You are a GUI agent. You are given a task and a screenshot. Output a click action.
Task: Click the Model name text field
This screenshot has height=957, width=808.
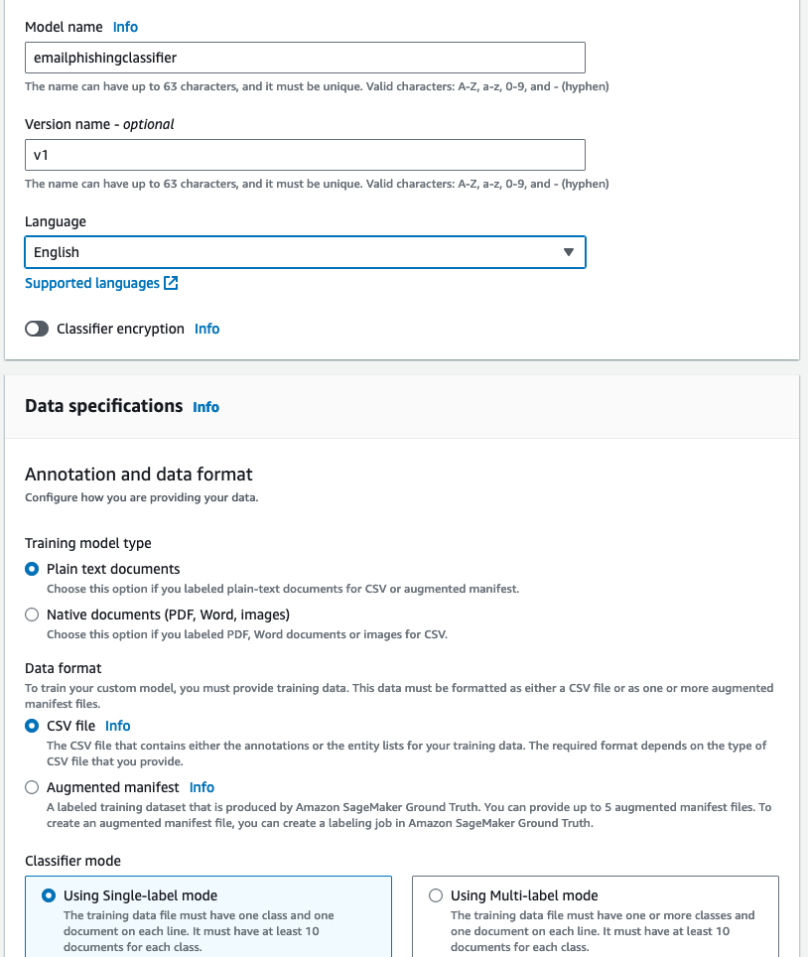tap(305, 58)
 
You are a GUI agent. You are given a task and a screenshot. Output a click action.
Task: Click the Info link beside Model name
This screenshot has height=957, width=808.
tap(125, 27)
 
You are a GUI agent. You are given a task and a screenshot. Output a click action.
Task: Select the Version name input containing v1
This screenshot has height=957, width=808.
tap(305, 155)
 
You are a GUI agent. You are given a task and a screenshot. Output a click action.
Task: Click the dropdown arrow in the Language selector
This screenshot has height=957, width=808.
tap(569, 252)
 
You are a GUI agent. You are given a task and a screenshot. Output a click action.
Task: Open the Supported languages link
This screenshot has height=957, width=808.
tap(92, 283)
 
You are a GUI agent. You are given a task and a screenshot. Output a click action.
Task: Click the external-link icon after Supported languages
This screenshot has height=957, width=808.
tap(172, 283)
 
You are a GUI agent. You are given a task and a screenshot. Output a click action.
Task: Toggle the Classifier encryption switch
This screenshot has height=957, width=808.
tap(37, 329)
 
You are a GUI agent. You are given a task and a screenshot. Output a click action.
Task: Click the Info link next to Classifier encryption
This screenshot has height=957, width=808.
tap(207, 329)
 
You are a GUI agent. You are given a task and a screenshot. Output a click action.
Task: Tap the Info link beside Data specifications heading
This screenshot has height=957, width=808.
tap(206, 407)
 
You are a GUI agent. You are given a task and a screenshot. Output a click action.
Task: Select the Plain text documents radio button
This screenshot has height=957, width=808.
tap(32, 570)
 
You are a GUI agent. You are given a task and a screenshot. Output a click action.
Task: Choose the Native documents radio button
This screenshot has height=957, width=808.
tap(32, 615)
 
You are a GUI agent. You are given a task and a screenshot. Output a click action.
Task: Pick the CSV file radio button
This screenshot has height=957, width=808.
tap(32, 727)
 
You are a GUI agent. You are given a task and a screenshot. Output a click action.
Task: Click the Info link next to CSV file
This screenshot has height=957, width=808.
tap(118, 726)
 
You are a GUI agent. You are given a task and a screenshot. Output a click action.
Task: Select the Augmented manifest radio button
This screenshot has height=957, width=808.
tap(32, 788)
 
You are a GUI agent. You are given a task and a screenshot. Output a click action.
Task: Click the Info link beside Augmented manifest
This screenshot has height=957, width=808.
tap(202, 787)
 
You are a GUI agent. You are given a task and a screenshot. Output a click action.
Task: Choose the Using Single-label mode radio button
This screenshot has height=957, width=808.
tap(49, 895)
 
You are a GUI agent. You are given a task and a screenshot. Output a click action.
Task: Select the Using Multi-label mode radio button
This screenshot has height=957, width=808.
tap(436, 895)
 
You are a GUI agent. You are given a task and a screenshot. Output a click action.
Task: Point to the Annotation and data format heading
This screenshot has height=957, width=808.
tap(139, 475)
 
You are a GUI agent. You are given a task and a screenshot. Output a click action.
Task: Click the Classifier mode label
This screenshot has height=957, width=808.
tap(72, 861)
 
